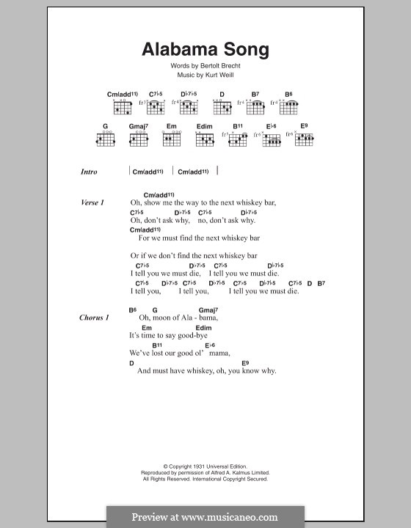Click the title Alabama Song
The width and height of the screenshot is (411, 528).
click(x=205, y=51)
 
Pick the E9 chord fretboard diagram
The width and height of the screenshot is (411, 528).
click(x=304, y=139)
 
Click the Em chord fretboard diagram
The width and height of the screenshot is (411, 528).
click(x=172, y=139)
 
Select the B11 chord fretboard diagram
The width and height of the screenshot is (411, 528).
click(x=239, y=139)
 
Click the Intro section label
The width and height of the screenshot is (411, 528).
click(x=90, y=172)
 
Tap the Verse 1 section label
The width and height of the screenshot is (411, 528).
click(x=93, y=202)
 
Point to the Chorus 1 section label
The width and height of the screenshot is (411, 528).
click(x=95, y=318)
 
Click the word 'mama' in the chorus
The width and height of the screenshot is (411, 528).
click(x=219, y=353)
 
